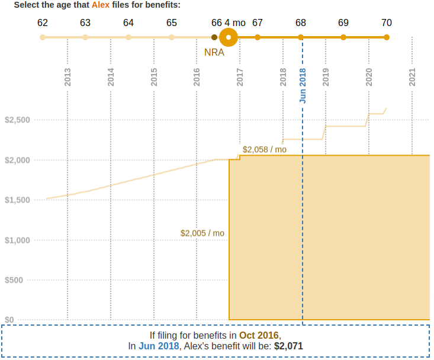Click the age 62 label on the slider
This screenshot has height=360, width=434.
pos(42,23)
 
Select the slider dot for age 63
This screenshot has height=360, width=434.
pos(85,37)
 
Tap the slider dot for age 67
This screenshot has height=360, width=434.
pos(258,37)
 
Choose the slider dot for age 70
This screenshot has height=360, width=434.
pos(387,37)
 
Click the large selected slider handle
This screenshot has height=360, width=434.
pos(229,37)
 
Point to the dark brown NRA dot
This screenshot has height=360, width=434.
pos(214,37)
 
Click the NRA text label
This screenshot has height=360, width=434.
pos(214,52)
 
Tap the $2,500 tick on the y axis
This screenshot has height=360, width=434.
pos(17,120)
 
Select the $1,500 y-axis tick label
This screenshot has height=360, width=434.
pos(17,200)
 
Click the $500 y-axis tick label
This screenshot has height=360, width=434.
pos(20,280)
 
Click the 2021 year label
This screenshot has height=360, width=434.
pos(413,78)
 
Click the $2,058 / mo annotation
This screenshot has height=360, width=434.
pos(265,149)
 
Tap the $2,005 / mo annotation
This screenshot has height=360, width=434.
pos(202,233)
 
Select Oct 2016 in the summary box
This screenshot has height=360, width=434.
pos(259,335)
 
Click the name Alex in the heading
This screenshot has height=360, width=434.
pos(100,5)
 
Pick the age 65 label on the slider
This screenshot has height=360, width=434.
pos(172,23)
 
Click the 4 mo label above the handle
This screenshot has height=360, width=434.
pos(235,23)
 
